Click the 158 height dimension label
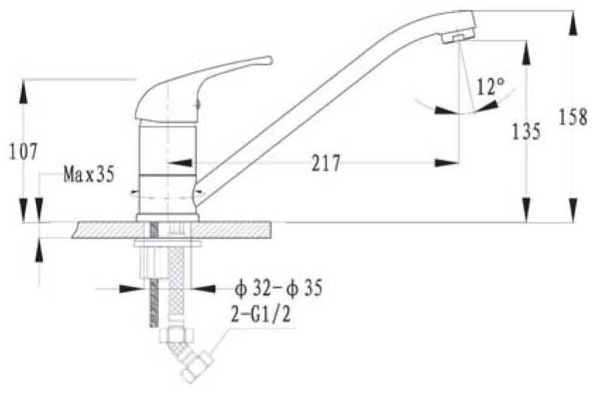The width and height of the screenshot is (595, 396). tap(573, 116)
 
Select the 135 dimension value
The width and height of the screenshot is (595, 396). tap(526, 131)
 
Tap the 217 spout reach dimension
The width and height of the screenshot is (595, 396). tap(326, 163)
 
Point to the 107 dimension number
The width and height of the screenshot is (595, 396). tap(23, 152)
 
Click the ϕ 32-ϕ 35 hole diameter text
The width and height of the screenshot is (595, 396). tap(278, 288)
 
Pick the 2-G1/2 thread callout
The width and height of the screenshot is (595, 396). tap(261, 314)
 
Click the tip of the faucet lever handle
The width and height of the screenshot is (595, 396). tap(270, 60)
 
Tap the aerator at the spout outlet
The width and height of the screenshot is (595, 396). tap(458, 37)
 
